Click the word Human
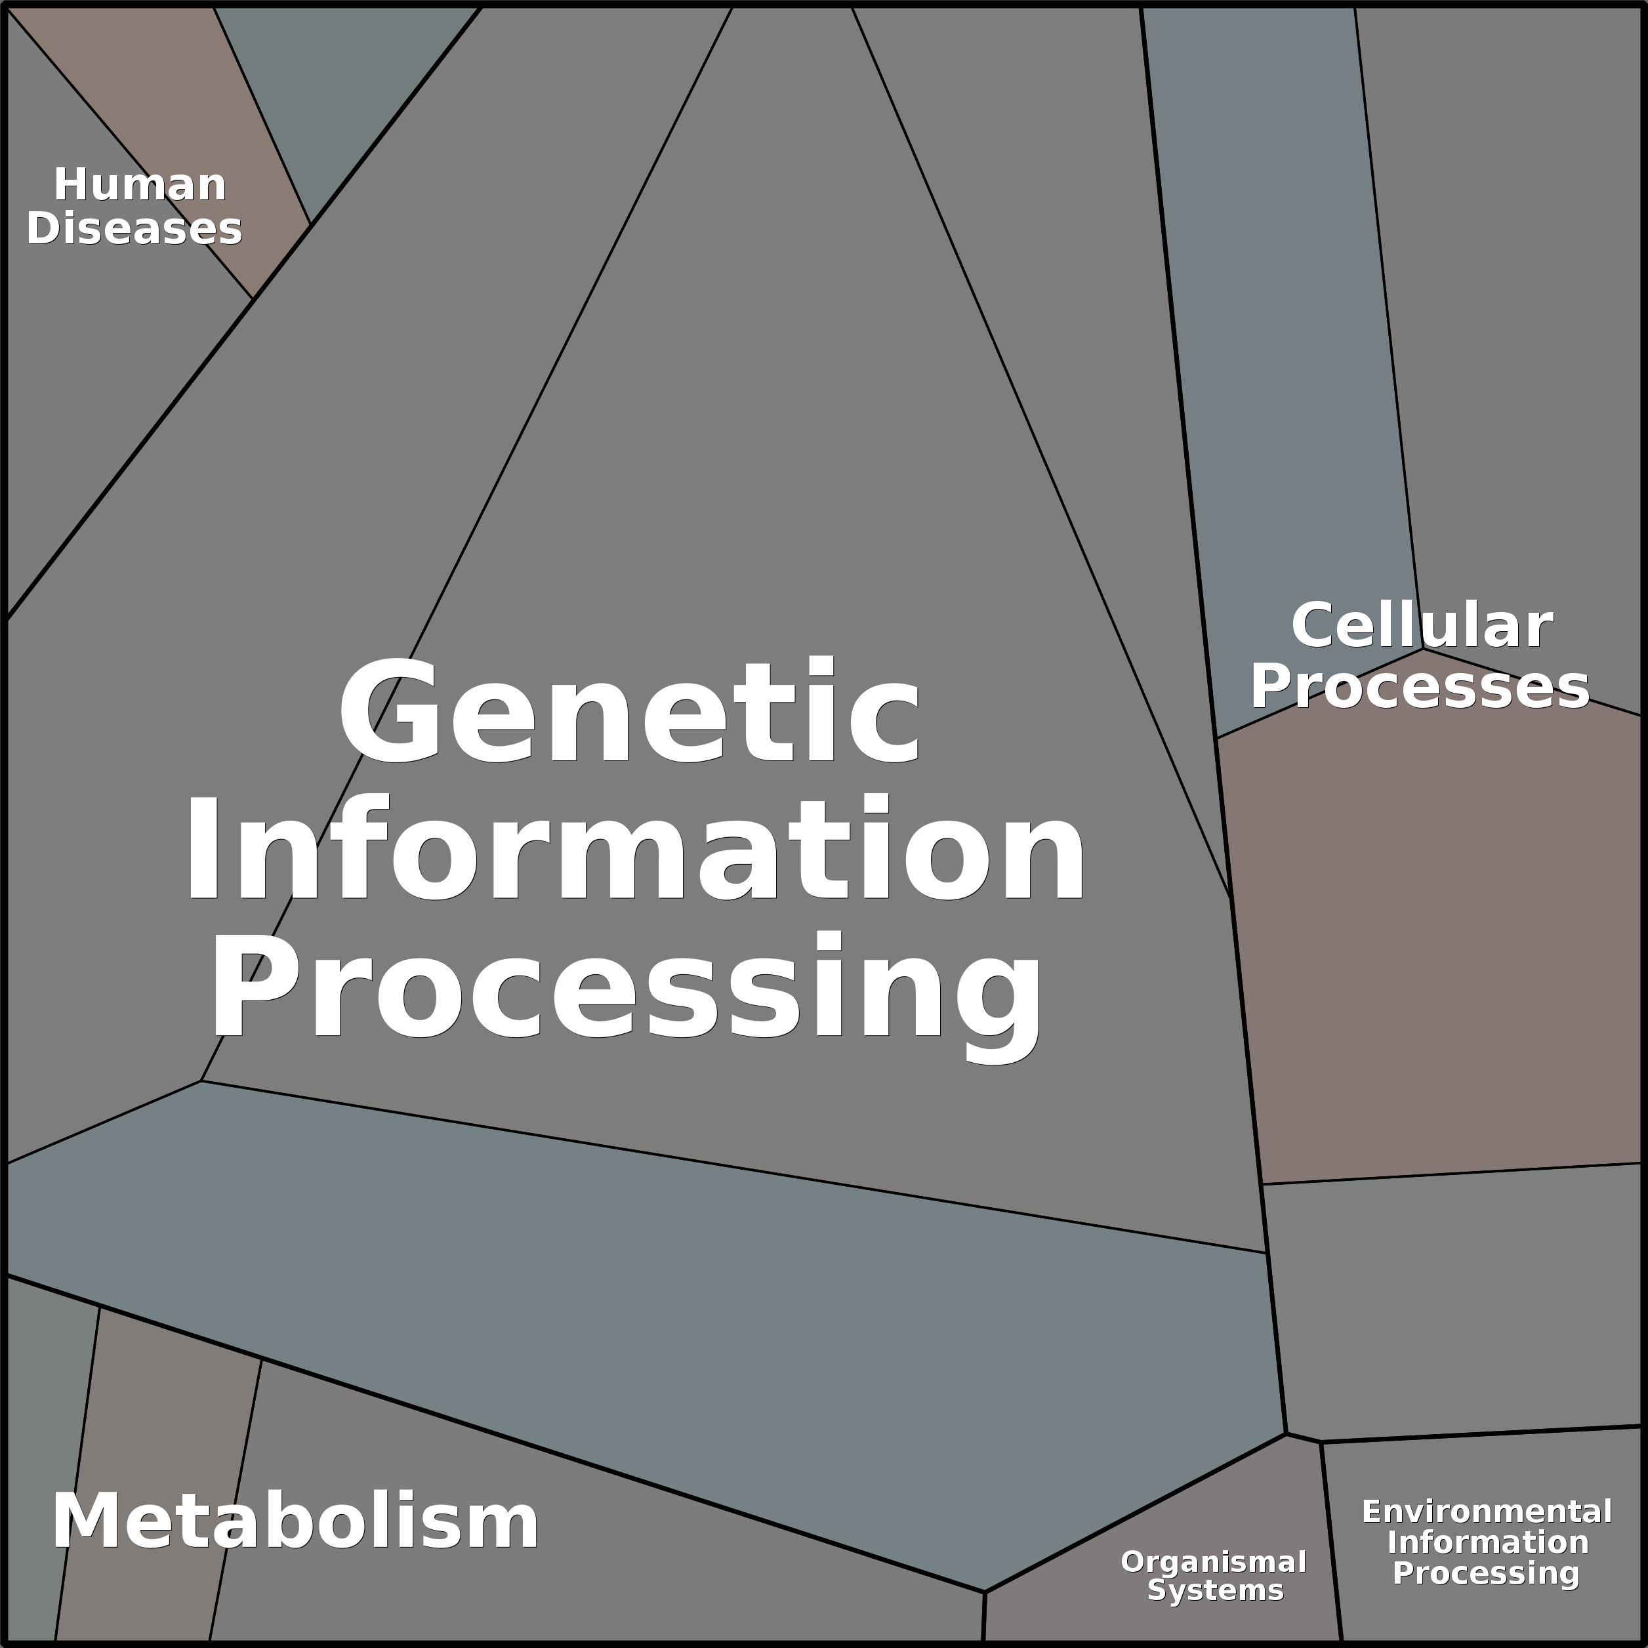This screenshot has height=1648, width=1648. coord(140,185)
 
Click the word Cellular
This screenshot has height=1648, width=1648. coord(1422,625)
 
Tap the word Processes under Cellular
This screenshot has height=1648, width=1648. coord(1420,687)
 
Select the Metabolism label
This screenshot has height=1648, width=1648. coord(295,1522)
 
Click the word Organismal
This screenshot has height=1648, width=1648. coord(1214,1562)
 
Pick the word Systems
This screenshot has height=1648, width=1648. coord(1216,1591)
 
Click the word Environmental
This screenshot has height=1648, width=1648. coord(1487,1512)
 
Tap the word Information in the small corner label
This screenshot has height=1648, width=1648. coord(1488,1542)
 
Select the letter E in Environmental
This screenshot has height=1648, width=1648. coord(1370,1512)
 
